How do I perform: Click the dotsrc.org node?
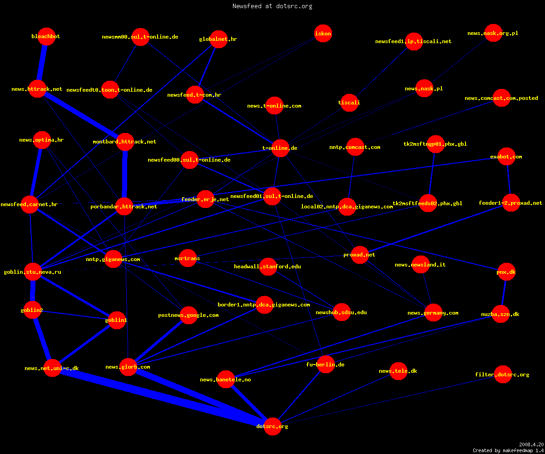[x=272, y=426]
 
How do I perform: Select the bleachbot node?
[x=46, y=36]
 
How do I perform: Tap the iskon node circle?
[x=323, y=34]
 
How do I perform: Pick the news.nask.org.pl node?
[x=493, y=33]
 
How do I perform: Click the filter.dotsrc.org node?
[x=503, y=374]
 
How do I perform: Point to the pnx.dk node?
[x=507, y=272]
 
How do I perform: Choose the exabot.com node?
[x=507, y=157]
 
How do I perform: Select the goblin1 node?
[x=117, y=320]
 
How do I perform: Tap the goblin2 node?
[x=32, y=310]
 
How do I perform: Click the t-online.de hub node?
[x=280, y=148]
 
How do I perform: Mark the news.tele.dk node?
[x=399, y=371]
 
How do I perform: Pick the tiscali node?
[x=349, y=103]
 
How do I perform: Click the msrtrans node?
[x=188, y=258]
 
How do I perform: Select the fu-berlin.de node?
[x=326, y=364]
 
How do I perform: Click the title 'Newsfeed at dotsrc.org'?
[x=272, y=6]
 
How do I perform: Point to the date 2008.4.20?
[x=531, y=444]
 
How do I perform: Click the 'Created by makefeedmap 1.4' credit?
[x=508, y=450]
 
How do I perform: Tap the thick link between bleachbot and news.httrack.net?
[x=42, y=63]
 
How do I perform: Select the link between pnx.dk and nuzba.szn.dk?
[x=504, y=293]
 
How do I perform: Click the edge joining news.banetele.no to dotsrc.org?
[x=249, y=403]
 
